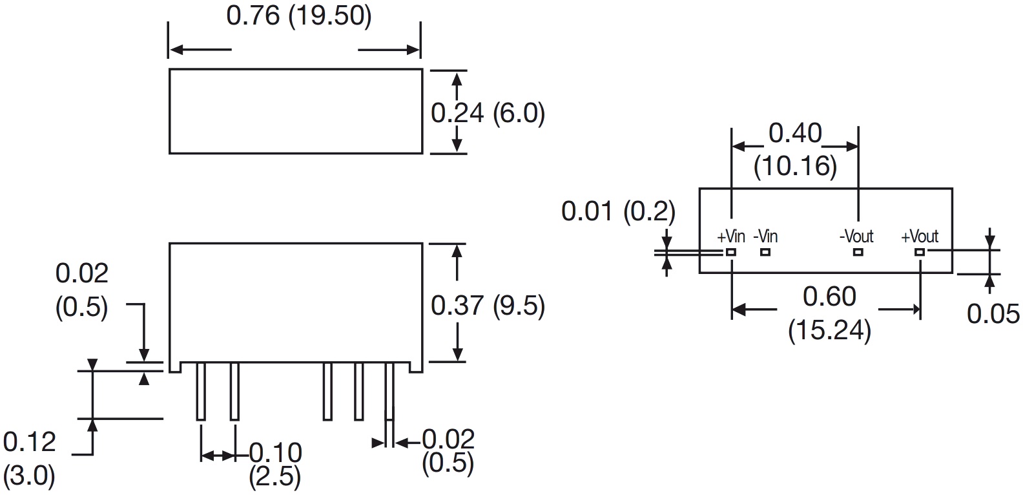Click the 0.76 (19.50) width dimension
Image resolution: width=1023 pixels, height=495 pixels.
tap(299, 16)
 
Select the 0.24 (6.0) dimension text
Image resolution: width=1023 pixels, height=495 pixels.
tap(488, 114)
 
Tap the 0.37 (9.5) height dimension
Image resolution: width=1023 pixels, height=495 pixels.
tap(488, 306)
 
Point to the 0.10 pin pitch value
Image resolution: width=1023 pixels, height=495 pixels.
tap(276, 452)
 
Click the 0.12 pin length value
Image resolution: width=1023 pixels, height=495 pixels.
tap(30, 443)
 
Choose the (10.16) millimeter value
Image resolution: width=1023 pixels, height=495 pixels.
tap(795, 167)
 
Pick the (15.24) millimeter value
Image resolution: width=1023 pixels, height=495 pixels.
tap(829, 331)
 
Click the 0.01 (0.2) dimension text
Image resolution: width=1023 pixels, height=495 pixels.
tap(618, 211)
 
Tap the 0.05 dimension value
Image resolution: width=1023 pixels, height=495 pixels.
tap(993, 314)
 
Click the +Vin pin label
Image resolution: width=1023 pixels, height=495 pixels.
tap(730, 237)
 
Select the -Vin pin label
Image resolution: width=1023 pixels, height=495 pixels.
tap(765, 237)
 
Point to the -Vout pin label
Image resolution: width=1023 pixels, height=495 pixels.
tap(856, 237)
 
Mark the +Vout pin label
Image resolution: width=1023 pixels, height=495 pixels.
tap(920, 237)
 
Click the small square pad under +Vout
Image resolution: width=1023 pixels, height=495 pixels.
tap(919, 252)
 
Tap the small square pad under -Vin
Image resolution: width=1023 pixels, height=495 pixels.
tap(765, 252)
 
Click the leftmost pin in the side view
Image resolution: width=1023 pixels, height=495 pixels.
tap(201, 391)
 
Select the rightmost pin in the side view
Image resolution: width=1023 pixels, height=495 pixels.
tap(389, 391)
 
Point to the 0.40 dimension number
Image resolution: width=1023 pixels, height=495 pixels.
tap(795, 134)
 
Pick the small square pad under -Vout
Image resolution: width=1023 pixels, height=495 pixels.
tap(858, 252)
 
